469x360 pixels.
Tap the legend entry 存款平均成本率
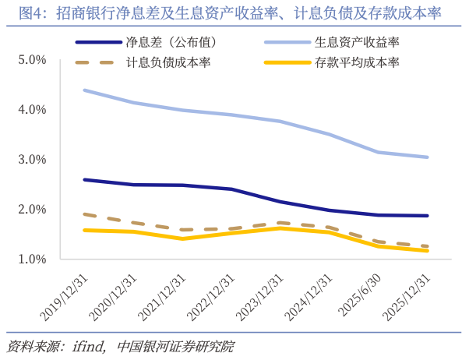[x=347, y=62]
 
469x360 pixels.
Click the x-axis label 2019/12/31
[x=65, y=295]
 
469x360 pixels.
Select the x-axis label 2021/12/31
[x=162, y=295]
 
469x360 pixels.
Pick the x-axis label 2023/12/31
[x=260, y=295]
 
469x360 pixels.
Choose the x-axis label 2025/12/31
[x=407, y=295]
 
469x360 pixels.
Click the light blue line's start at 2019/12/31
[x=84, y=90]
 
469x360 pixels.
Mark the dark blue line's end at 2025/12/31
[x=427, y=216]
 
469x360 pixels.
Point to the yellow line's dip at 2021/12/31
[x=182, y=238]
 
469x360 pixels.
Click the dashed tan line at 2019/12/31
[x=84, y=214]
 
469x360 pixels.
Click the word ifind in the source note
[x=90, y=346]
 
